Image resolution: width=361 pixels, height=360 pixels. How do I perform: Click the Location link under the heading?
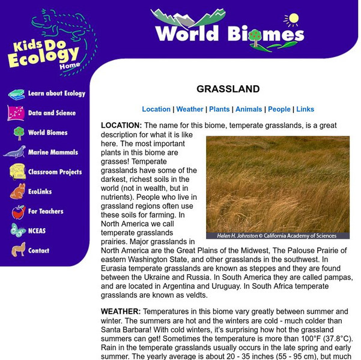[156, 109]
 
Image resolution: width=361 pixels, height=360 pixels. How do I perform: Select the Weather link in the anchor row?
[190, 109]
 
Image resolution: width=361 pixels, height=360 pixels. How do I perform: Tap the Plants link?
[219, 109]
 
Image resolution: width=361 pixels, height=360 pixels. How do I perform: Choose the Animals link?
[249, 109]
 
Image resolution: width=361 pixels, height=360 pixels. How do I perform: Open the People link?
[279, 109]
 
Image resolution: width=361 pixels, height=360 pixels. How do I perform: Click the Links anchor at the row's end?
[305, 109]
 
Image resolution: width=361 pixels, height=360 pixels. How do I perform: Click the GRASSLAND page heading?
[228, 89]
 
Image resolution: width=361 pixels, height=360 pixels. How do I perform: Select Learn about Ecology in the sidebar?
[56, 94]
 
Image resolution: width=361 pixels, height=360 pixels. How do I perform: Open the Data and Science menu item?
[52, 113]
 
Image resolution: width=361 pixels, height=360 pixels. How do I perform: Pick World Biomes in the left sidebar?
[48, 133]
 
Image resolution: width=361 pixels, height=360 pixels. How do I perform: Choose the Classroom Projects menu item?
[55, 172]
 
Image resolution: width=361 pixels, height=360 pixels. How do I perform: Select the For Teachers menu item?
[46, 212]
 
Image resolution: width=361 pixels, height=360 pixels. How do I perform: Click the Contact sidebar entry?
[39, 251]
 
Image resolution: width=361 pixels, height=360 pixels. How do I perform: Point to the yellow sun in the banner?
[293, 19]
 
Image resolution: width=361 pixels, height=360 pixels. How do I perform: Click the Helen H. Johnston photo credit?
[278, 236]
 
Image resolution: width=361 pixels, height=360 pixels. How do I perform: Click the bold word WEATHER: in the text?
[121, 312]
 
